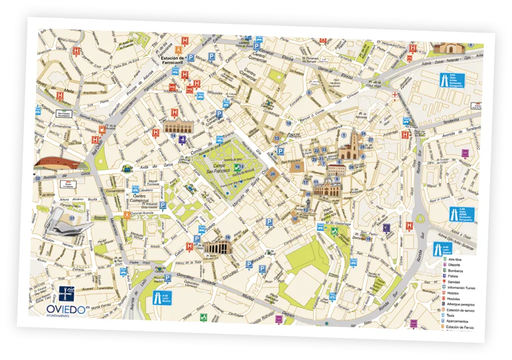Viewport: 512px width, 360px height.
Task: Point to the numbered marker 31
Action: [x=71, y=218]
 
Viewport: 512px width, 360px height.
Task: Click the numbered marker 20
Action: [x=273, y=174]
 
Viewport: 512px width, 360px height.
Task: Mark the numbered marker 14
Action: [x=174, y=136]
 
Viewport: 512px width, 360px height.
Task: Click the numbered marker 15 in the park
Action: [x=242, y=167]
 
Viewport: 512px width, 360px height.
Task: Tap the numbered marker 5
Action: [x=309, y=93]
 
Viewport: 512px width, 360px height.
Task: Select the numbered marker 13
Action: [x=277, y=138]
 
